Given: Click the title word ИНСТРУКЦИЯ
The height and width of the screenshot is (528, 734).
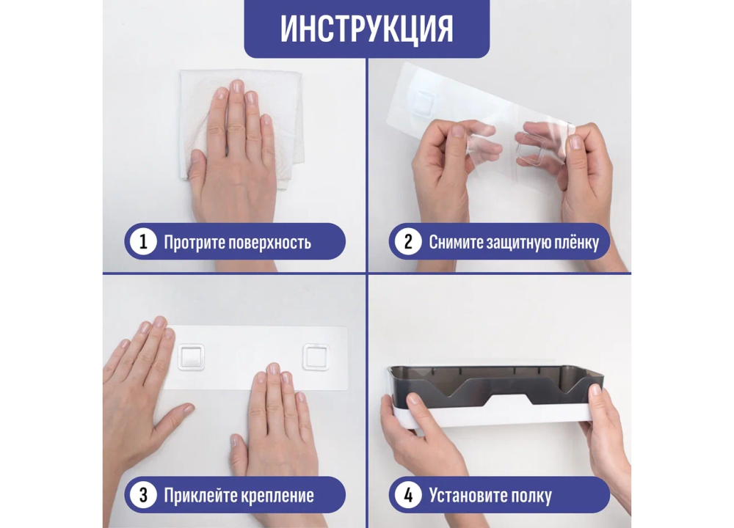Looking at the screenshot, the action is [x=366, y=29].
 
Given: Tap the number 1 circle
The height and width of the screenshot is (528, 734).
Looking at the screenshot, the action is [x=143, y=241].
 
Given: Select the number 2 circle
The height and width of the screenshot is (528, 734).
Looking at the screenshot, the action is [x=407, y=241].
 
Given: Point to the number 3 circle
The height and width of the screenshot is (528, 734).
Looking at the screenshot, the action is [x=143, y=495].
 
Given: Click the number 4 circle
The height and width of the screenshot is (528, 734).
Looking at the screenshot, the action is [x=407, y=495].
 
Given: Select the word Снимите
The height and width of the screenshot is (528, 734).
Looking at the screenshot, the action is [x=456, y=242].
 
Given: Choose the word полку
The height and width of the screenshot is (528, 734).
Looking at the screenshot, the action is [x=531, y=496].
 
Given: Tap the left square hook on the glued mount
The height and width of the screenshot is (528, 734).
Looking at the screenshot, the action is [x=191, y=357].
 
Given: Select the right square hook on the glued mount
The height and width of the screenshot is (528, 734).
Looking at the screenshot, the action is [x=316, y=357].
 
